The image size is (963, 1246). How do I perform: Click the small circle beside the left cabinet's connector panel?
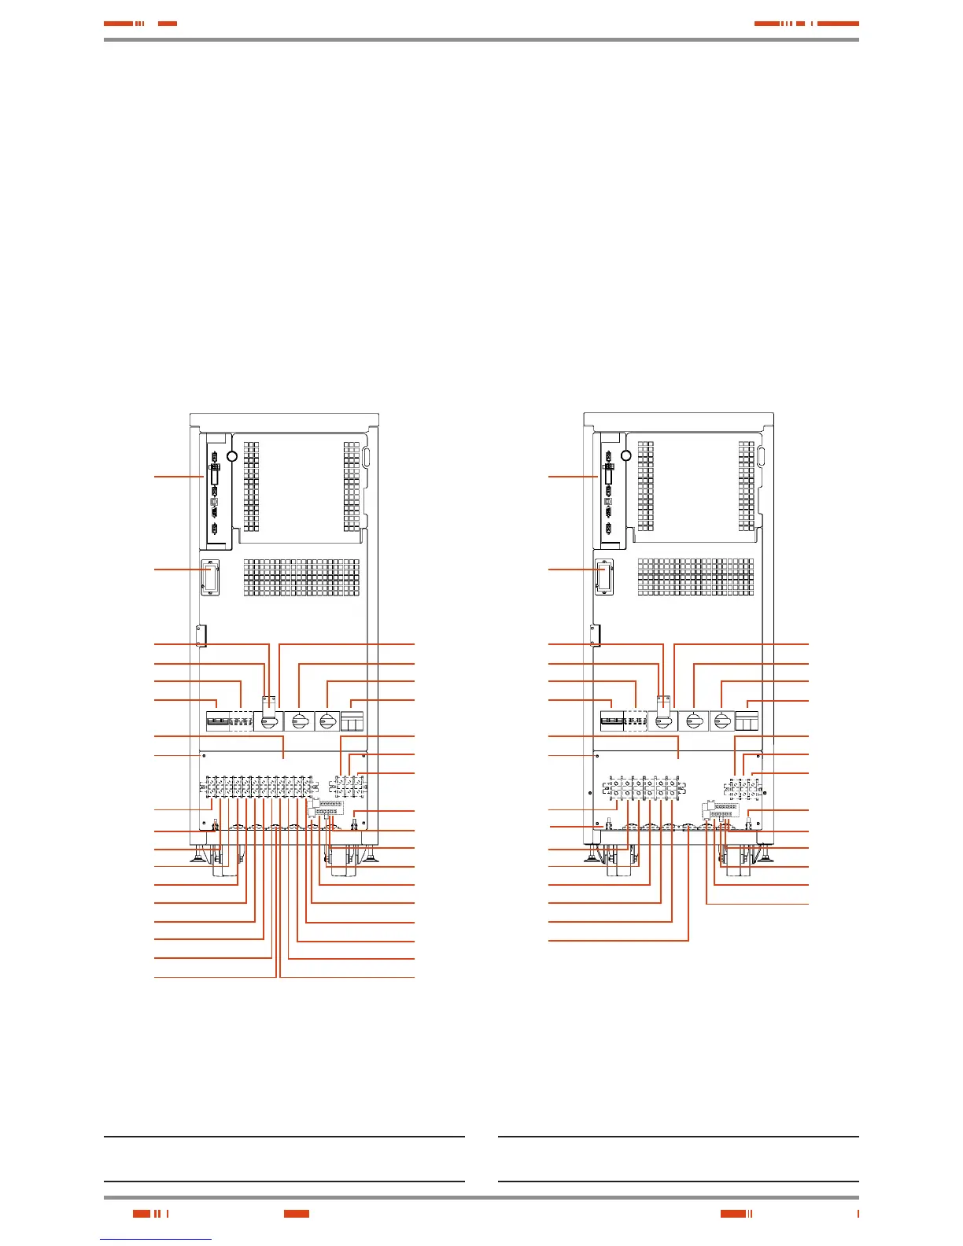[x=232, y=456]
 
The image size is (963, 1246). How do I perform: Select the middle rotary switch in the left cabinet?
[x=298, y=720]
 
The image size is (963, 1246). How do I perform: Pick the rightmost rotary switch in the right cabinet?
[x=721, y=720]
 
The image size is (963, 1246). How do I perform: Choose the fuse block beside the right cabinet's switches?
[x=746, y=720]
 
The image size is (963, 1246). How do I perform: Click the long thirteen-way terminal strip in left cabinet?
[x=259, y=787]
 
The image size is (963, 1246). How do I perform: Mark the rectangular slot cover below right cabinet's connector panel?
[x=603, y=576]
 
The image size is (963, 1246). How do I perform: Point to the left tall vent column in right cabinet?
[x=645, y=485]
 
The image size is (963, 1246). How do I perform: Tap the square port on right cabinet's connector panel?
[x=607, y=500]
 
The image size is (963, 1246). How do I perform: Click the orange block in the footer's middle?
[x=297, y=1213]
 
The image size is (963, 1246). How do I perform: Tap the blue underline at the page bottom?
[x=157, y=1239]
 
